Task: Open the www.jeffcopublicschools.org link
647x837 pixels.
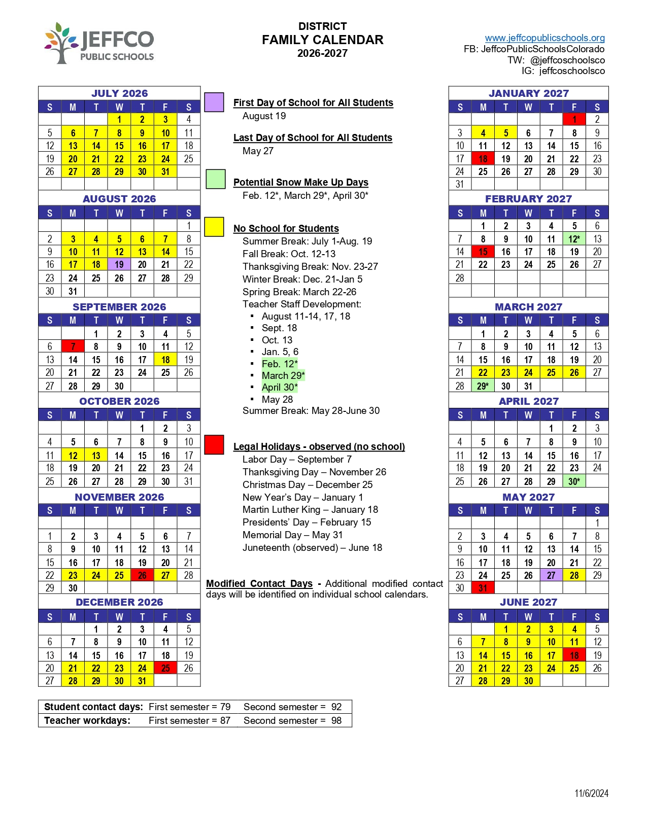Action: coord(544,38)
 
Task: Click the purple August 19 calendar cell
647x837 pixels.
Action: coord(119,264)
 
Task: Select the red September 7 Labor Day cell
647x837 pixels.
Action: coord(73,346)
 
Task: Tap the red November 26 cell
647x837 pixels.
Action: coord(142,575)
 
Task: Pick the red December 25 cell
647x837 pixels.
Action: coord(165,668)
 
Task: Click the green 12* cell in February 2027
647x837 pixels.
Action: coord(574,239)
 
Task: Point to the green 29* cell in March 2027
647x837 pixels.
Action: coord(483,386)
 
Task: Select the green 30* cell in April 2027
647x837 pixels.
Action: coord(574,481)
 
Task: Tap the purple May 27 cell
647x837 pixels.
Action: coord(551,575)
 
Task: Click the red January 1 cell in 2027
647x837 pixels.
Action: coord(574,119)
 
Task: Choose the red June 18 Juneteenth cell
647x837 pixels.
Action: coord(574,655)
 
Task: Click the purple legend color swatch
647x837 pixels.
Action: coord(214,102)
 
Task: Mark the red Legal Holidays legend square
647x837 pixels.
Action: coord(214,444)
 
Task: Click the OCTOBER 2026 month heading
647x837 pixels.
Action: coord(119,401)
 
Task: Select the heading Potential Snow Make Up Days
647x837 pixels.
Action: coord(301,183)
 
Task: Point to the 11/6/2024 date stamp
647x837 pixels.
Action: coord(591,793)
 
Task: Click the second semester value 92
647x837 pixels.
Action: coord(336,707)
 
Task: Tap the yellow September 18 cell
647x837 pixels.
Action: coord(165,360)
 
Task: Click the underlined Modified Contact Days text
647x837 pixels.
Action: coord(259,584)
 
